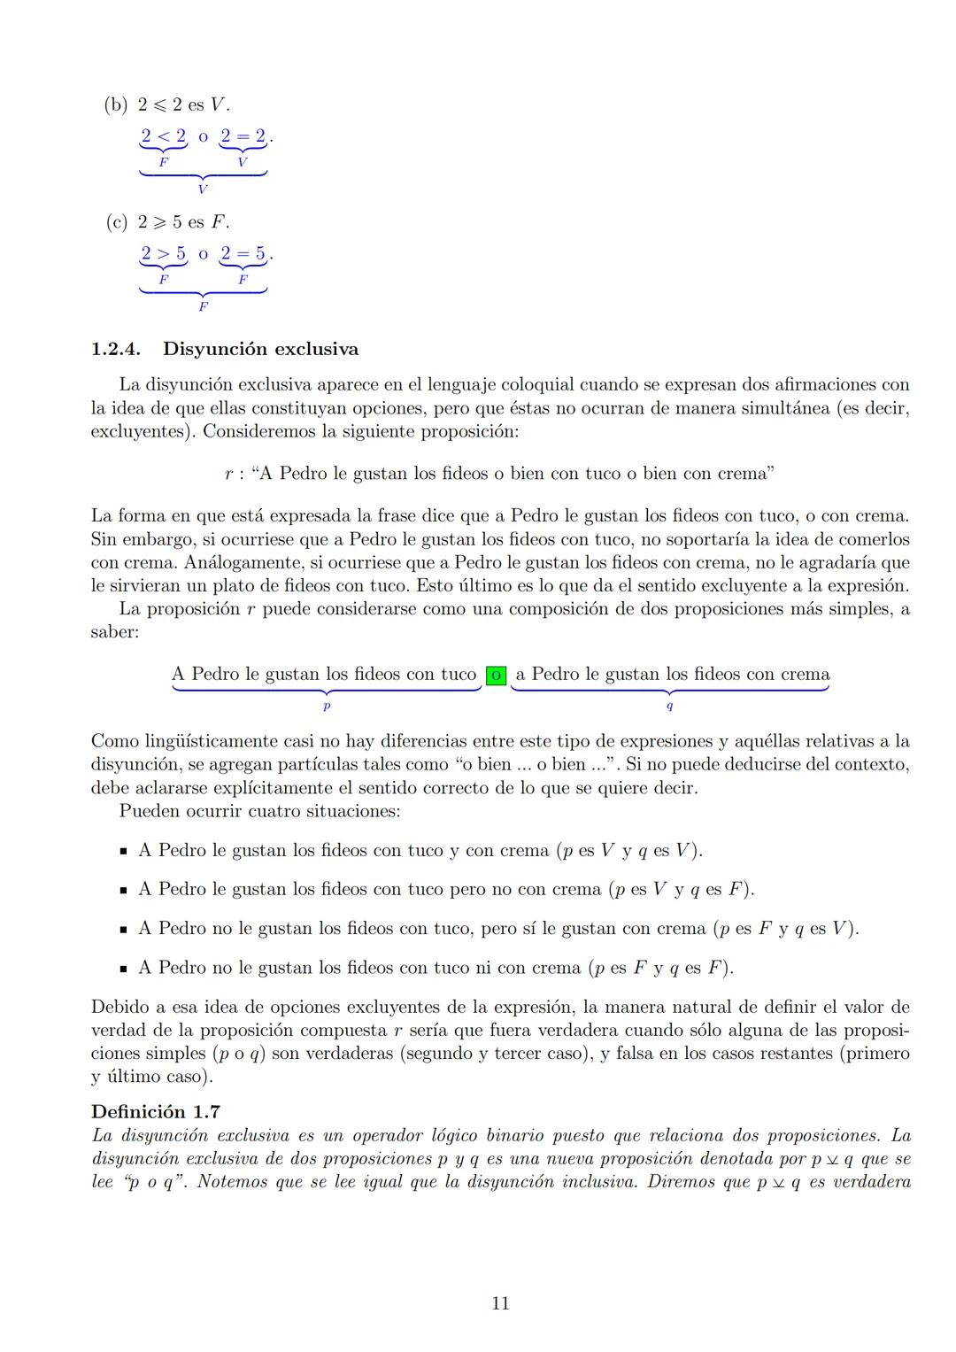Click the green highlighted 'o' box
pos(496,675)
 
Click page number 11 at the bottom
pos(500,1303)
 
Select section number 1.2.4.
pos(116,349)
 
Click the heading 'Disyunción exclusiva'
pos(260,349)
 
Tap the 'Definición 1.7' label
pos(156,1111)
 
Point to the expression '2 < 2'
pos(164,136)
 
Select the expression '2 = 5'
pos(243,254)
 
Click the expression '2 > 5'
pos(164,254)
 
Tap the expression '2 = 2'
pos(243,136)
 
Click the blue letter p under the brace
pos(326,707)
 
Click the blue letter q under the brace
pos(669,707)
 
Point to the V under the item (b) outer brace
pos(203,189)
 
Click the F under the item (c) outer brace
pos(203,306)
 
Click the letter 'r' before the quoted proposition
pos(228,474)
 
